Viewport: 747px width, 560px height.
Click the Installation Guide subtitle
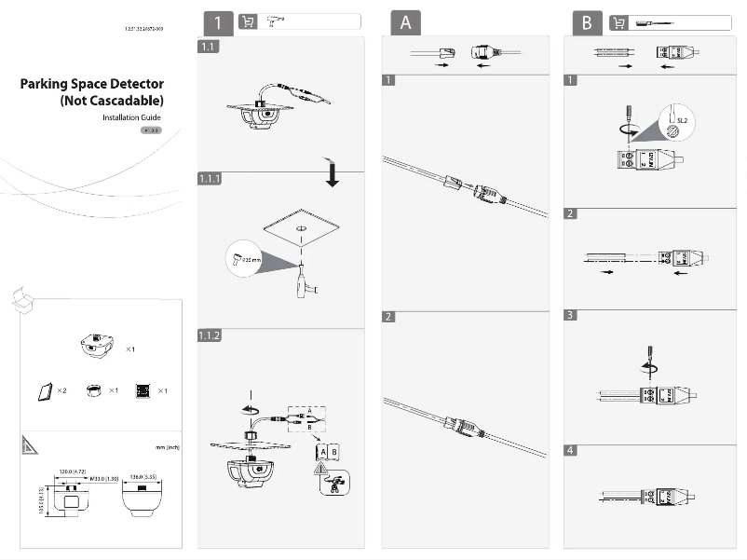131,118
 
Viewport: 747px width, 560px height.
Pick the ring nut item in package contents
93,389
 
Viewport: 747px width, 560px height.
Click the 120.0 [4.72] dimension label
75,471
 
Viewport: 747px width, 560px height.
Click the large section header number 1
217,22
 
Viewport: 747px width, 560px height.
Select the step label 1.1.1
210,179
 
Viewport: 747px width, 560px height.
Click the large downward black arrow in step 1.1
331,174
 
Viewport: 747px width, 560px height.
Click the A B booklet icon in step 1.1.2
328,451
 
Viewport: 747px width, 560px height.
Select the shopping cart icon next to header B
618,22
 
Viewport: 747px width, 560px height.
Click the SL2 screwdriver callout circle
677,120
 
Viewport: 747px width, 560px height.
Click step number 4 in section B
571,450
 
